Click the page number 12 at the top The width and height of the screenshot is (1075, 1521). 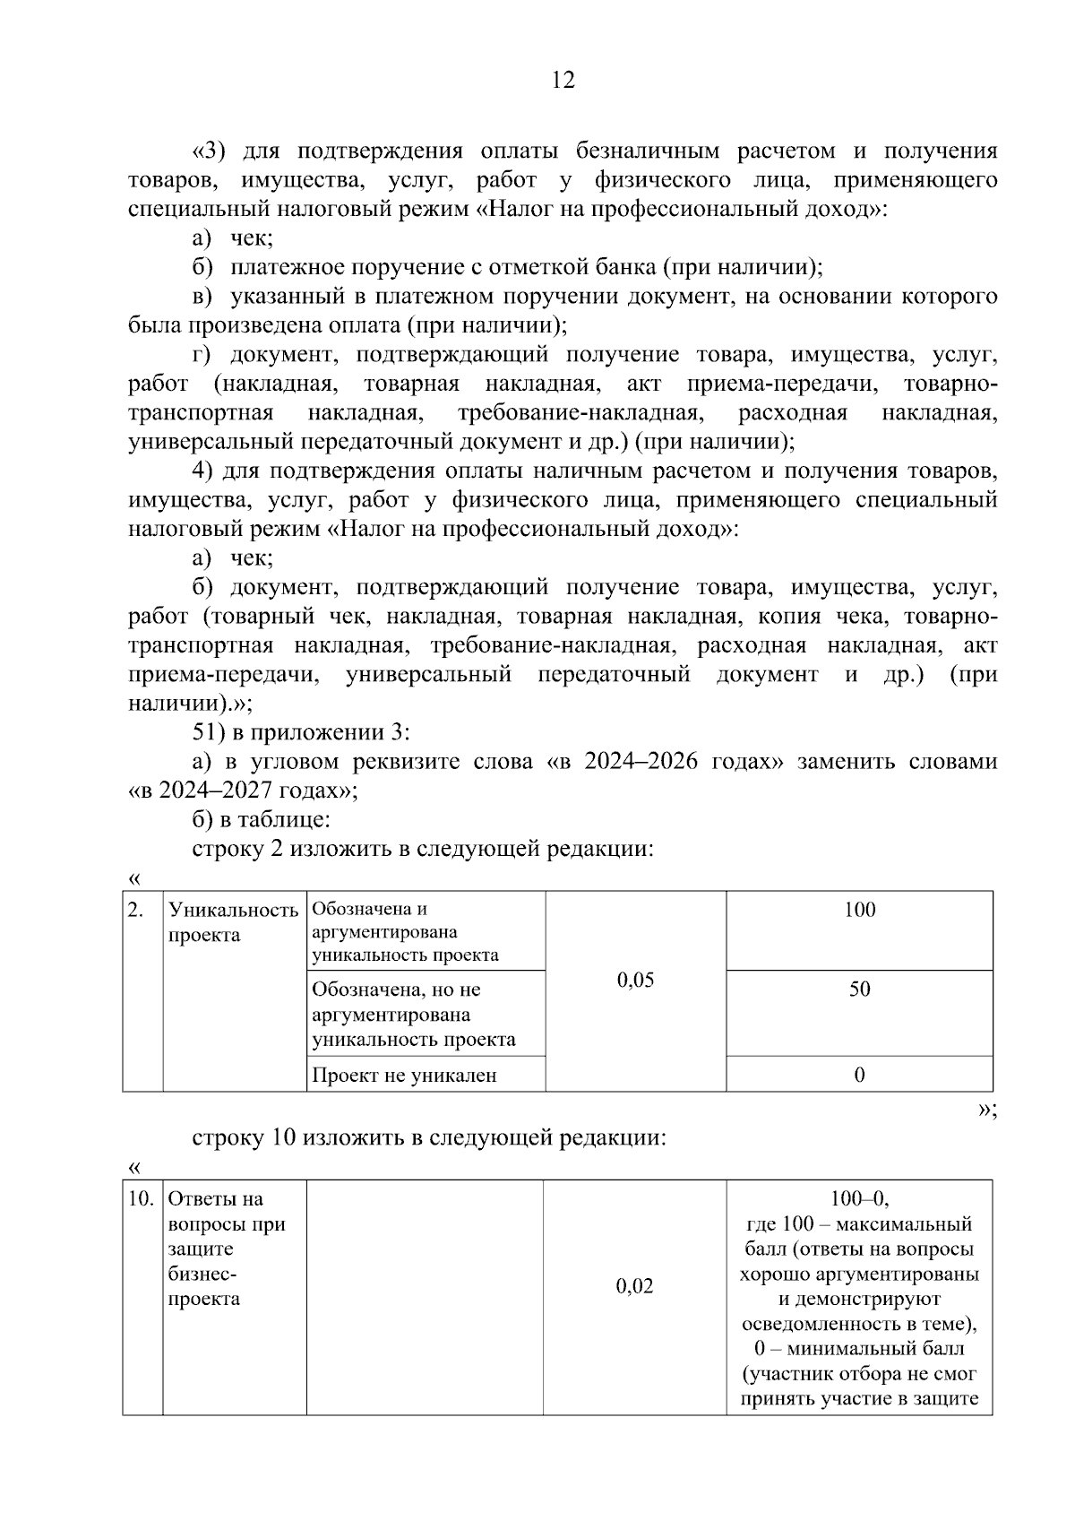point(563,81)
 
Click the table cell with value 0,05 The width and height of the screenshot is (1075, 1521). point(635,980)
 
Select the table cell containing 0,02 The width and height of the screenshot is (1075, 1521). point(634,1286)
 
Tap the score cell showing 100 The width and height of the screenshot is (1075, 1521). point(859,910)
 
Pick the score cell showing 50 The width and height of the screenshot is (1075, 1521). point(859,990)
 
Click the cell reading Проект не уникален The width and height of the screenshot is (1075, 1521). point(404,1075)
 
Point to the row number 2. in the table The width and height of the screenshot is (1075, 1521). point(135,910)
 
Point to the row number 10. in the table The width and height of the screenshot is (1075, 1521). point(141,1199)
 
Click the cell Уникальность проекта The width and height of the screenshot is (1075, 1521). point(233,922)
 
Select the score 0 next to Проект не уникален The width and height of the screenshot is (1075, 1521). point(859,1075)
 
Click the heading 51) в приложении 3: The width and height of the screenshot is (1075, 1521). point(301,733)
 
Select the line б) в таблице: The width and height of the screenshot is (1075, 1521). point(262,819)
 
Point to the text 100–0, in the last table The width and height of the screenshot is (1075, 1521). point(859,1199)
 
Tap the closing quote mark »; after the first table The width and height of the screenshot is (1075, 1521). point(986,1110)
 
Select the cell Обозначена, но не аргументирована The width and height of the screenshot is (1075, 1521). point(413,1014)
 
